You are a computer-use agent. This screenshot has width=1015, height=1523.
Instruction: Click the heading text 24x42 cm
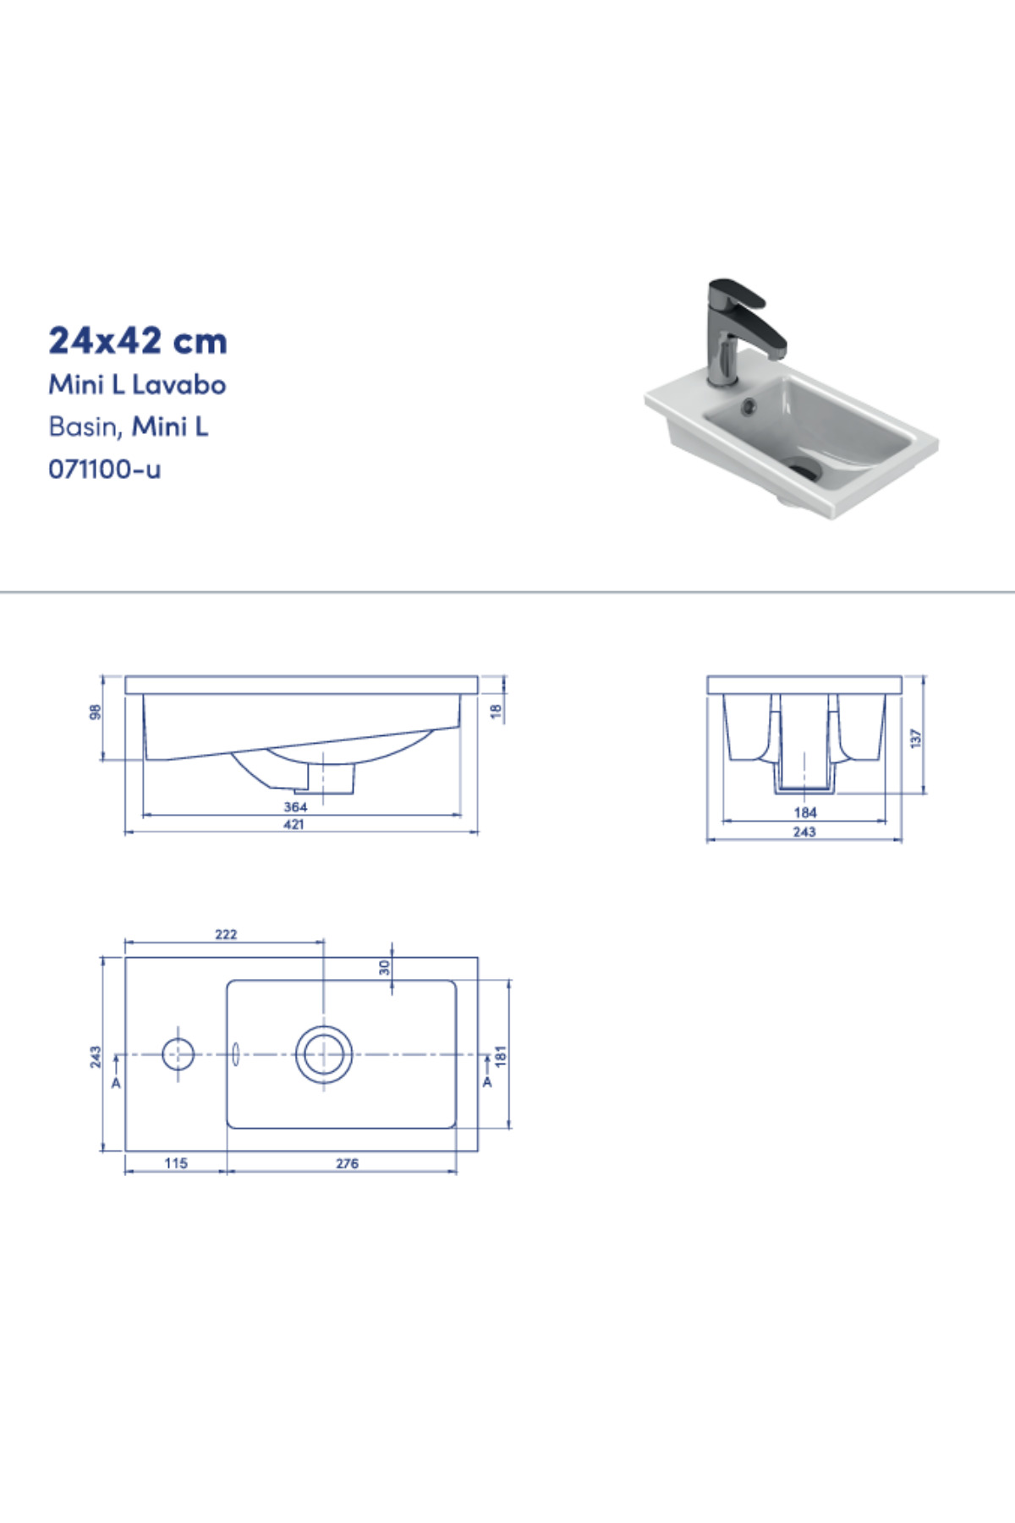(x=138, y=341)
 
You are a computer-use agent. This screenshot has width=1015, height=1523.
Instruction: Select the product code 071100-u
(x=104, y=469)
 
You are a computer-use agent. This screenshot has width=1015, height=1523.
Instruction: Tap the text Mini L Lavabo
(x=137, y=385)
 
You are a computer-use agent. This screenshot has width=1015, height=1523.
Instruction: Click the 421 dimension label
(x=294, y=824)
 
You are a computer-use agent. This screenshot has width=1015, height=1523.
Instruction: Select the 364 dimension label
(x=295, y=807)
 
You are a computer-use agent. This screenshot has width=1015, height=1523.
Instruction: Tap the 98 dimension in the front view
(x=96, y=712)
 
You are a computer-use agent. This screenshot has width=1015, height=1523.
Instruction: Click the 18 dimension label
(x=497, y=712)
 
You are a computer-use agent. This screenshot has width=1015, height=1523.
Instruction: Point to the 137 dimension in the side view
(x=915, y=738)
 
